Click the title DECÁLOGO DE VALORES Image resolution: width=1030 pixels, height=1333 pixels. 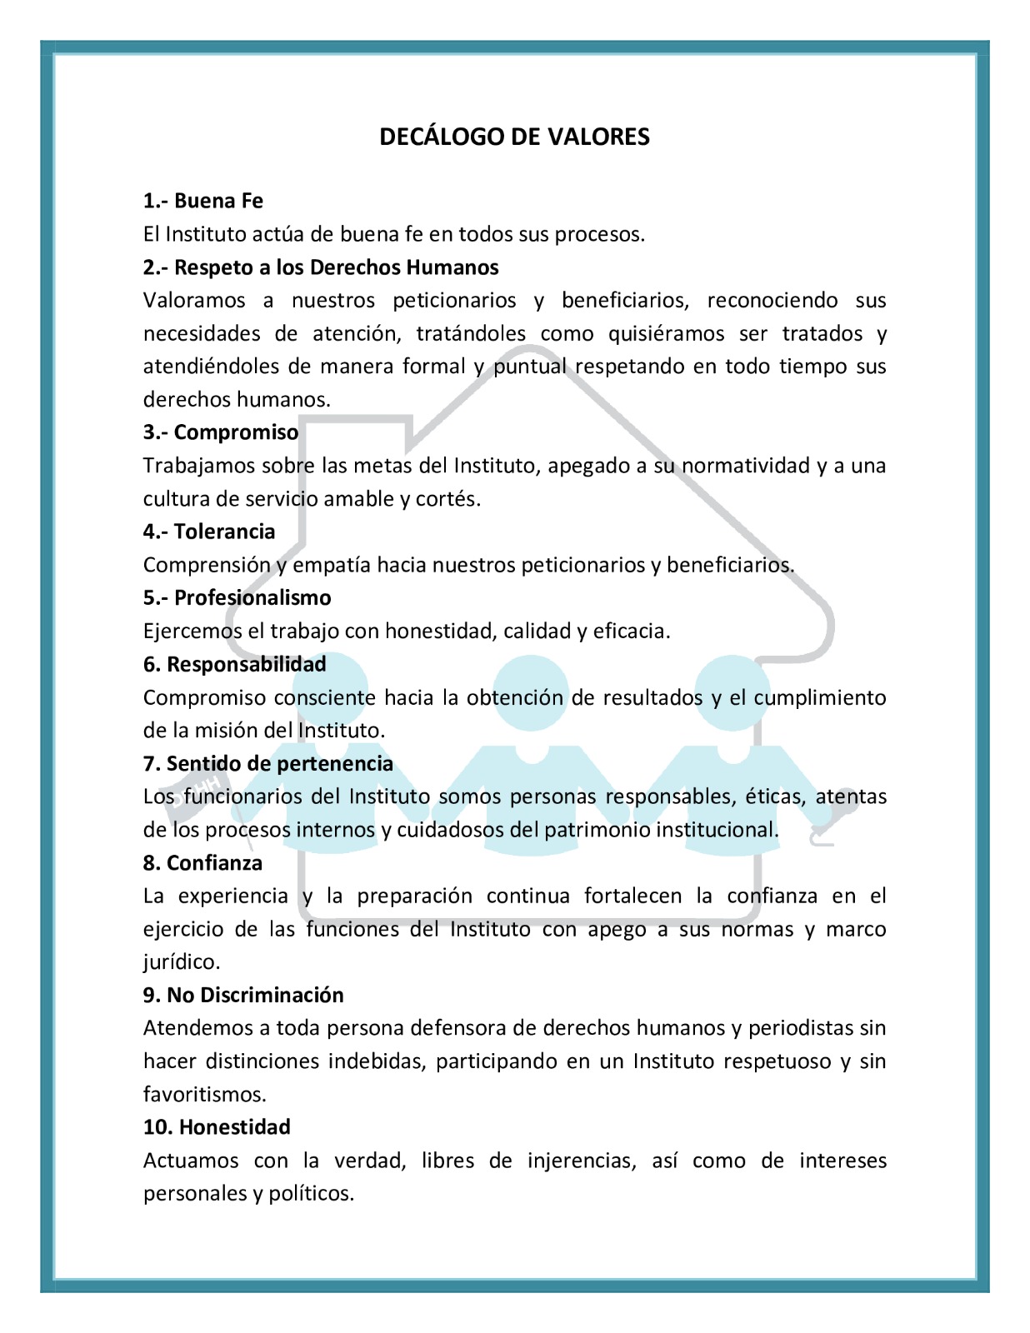click(514, 137)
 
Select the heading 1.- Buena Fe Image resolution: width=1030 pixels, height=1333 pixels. click(202, 201)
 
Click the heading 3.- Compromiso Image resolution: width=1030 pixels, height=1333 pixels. click(220, 432)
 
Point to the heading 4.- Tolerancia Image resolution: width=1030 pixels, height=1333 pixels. click(208, 532)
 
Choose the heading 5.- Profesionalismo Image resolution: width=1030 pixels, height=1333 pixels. click(237, 597)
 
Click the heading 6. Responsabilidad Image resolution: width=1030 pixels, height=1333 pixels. click(234, 664)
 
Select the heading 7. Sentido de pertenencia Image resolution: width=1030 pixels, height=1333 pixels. click(267, 763)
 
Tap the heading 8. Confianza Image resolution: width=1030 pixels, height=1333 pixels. click(202, 862)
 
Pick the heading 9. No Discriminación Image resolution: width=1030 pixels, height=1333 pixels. click(243, 995)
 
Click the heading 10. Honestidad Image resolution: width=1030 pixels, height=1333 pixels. click(217, 1127)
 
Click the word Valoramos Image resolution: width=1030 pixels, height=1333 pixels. click(194, 301)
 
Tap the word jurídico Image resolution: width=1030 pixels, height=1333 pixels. click(182, 962)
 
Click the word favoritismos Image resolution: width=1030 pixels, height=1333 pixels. click(205, 1094)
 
